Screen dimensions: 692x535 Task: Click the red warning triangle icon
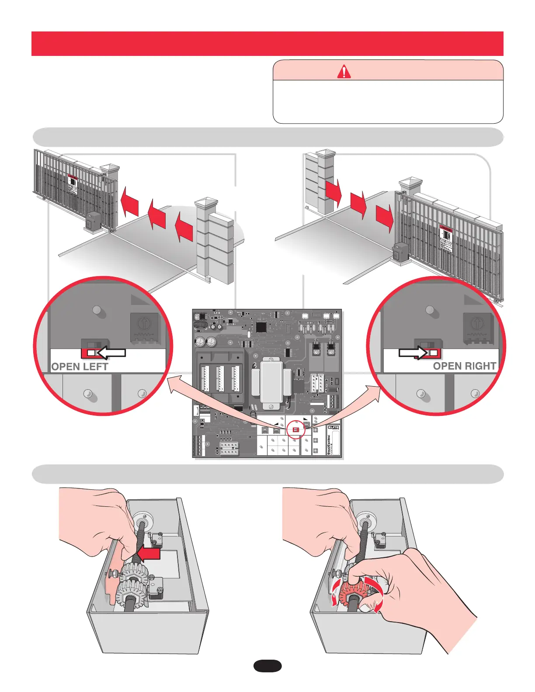point(344,71)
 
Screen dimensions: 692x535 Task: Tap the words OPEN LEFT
point(80,367)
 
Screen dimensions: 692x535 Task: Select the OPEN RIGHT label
point(464,366)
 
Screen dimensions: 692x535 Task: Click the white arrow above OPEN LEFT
point(111,352)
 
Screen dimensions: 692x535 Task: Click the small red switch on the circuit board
point(296,430)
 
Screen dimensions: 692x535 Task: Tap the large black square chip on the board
point(261,327)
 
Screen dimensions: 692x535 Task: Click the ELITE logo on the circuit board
point(333,428)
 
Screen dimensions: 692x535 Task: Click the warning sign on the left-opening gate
point(73,185)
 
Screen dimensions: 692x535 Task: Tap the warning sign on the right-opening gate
point(445,238)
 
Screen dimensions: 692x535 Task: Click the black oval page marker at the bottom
point(267,666)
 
